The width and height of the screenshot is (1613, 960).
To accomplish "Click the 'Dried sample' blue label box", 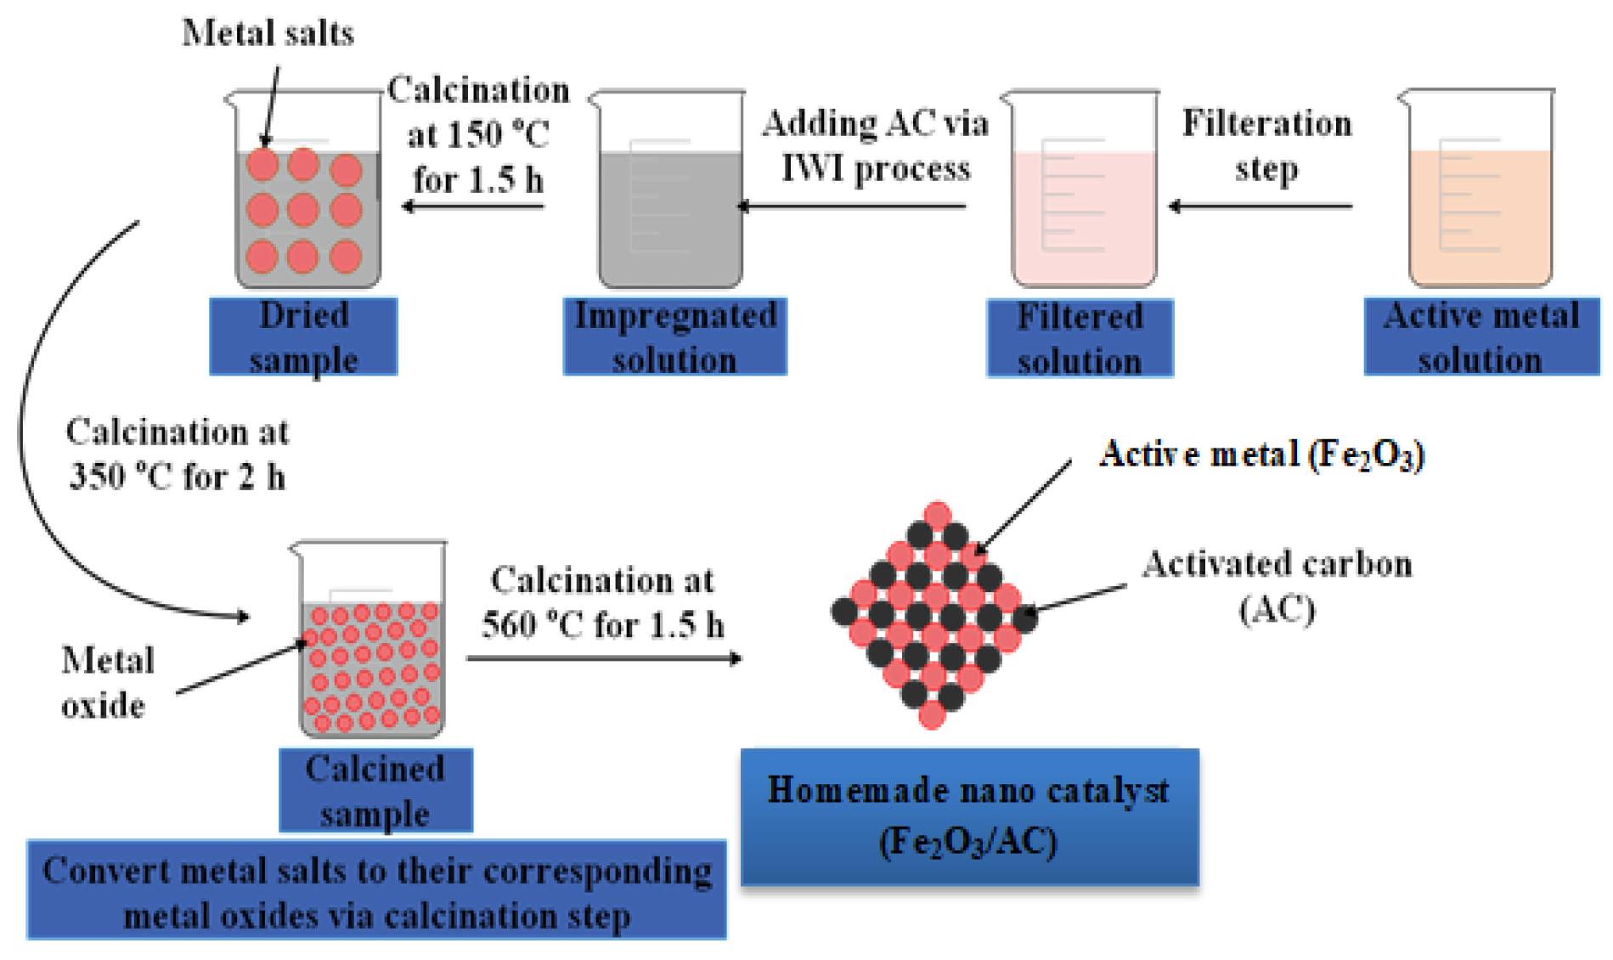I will point(303,336).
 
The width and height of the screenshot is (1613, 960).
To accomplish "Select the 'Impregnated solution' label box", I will point(674,336).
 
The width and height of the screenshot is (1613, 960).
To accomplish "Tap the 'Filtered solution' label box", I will point(1080,338).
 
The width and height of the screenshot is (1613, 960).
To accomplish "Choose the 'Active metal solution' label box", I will point(1480,336).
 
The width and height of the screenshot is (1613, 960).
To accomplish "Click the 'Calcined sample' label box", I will point(375,790).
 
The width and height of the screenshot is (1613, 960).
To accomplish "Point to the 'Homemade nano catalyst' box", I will point(969,816).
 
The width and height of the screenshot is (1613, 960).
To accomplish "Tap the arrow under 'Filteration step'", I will point(1261,206).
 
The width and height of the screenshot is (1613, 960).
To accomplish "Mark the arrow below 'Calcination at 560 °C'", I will point(604,658).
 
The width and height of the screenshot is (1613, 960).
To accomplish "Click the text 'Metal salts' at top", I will point(268,33).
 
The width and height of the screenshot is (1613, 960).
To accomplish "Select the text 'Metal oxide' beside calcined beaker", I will point(106,682).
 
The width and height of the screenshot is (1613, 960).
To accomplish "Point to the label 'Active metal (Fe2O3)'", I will point(1261,455).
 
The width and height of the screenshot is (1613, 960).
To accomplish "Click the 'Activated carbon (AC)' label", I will point(1277,585).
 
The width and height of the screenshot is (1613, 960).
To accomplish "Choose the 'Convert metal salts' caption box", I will point(376,891).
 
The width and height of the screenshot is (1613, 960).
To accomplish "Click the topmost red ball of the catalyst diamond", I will point(937,515).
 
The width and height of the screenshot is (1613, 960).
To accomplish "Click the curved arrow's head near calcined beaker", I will point(242,616).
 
